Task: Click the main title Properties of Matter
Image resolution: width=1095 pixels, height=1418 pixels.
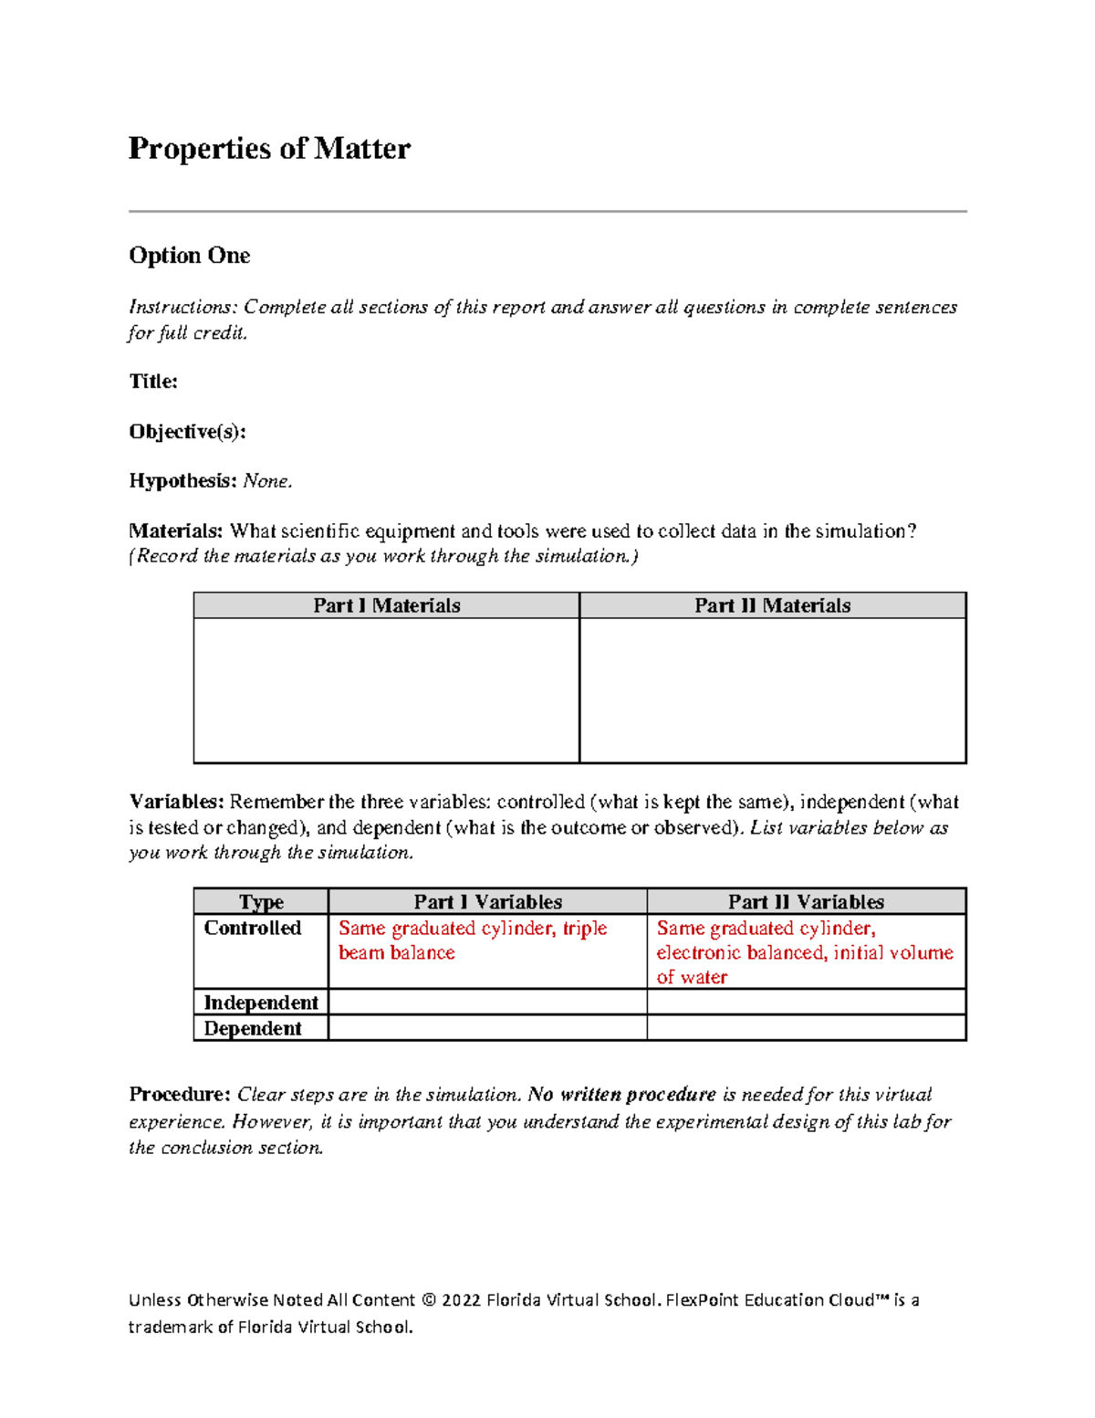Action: [269, 148]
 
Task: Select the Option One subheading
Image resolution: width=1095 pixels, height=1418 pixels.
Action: [189, 256]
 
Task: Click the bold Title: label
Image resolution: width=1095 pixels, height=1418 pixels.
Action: [152, 382]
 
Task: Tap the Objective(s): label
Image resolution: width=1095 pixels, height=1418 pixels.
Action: [187, 431]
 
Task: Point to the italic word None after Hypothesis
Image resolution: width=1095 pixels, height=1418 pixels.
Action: [266, 481]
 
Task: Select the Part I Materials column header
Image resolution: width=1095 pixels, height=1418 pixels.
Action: [386, 605]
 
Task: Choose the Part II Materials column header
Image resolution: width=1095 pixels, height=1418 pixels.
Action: [772, 605]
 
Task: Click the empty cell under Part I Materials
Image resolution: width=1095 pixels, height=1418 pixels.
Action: [386, 690]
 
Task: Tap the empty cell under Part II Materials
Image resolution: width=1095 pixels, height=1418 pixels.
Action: [772, 690]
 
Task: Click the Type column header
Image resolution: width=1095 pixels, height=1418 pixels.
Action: [261, 902]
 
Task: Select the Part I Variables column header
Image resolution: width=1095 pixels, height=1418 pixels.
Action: [487, 902]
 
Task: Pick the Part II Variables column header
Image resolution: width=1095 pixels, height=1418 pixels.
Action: [806, 902]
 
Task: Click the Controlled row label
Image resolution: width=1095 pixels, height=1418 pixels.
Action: [252, 928]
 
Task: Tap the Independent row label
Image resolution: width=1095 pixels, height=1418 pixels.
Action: [261, 1003]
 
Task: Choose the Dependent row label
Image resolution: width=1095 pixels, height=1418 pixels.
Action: [252, 1028]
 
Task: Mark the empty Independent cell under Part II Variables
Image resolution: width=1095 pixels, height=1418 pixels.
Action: [806, 1003]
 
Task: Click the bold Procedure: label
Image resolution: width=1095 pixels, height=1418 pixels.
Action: [180, 1094]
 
